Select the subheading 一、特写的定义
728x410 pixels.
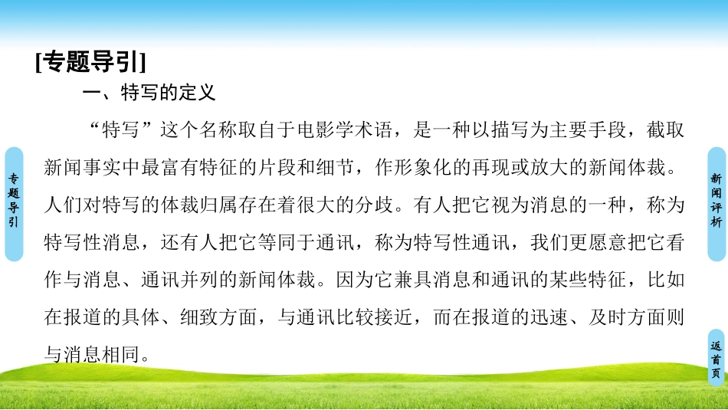pos(149,93)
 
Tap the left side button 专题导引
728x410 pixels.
pos(13,201)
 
